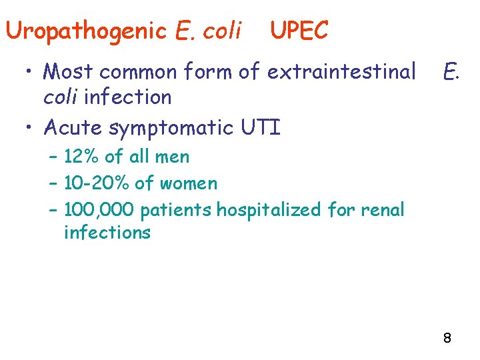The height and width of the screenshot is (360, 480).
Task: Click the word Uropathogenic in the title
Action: [86, 31]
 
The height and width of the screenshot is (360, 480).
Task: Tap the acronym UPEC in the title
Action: [299, 31]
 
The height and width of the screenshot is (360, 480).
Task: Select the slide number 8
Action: [447, 339]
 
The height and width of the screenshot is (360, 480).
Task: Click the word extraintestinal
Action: [341, 71]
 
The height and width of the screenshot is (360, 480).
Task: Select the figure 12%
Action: [81, 157]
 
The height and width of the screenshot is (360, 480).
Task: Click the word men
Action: [173, 157]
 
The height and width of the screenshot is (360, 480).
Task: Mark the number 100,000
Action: [100, 210]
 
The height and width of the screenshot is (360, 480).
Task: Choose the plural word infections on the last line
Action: [107, 233]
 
